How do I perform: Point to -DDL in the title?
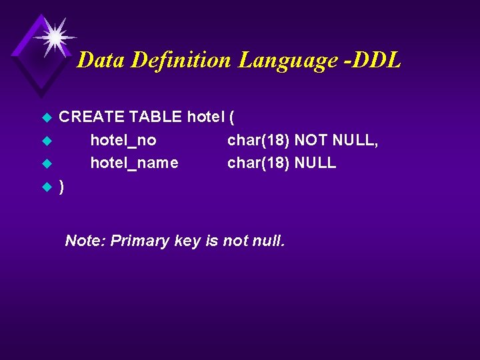pyautogui.click(x=373, y=61)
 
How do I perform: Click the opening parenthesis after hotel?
pyautogui.click(x=231, y=117)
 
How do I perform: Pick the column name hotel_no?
pyautogui.click(x=123, y=140)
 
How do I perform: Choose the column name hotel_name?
pyautogui.click(x=134, y=163)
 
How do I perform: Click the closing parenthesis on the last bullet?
pyautogui.click(x=62, y=186)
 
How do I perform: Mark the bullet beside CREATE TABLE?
pyautogui.click(x=46, y=118)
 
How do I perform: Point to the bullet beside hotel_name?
pyautogui.click(x=46, y=163)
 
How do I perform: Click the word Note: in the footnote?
pyautogui.click(x=85, y=241)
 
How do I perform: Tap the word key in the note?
pyautogui.click(x=187, y=241)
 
